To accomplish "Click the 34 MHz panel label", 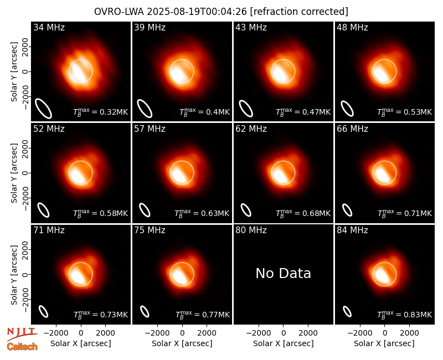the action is tap(49, 27).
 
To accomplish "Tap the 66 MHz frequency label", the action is tap(352, 129).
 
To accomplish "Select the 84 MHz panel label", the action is tap(352, 230).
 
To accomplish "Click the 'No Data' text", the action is tap(284, 274).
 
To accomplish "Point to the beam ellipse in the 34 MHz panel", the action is tap(43, 109).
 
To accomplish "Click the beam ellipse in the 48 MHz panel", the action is tap(347, 109).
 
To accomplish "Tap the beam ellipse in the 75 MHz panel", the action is tap(145, 311).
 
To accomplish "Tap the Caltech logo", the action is tap(22, 347).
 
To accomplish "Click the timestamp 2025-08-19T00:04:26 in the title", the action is tap(197, 12).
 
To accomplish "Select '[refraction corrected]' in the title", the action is tap(299, 12).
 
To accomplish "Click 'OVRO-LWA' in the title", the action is tap(119, 12).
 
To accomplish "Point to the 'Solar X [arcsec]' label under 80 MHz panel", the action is tap(284, 343).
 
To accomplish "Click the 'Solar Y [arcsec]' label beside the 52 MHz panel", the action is tap(14, 173).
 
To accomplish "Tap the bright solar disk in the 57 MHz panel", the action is tap(182, 173).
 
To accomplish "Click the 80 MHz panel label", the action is tap(251, 230).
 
